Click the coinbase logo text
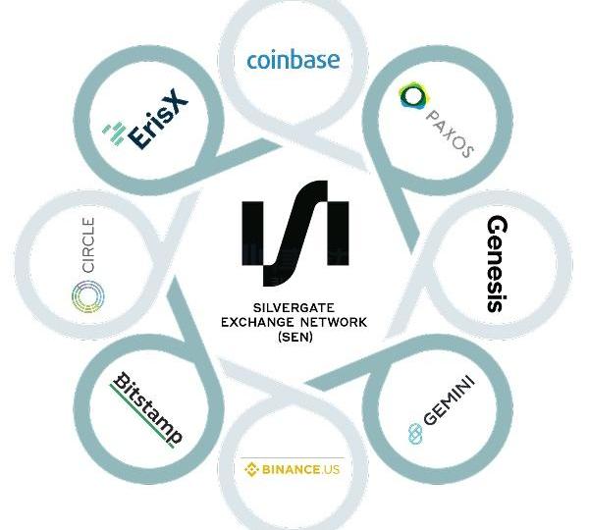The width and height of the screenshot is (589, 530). [x=293, y=61]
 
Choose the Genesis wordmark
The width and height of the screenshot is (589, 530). [x=496, y=263]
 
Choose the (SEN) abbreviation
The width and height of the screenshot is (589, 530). [x=293, y=336]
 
